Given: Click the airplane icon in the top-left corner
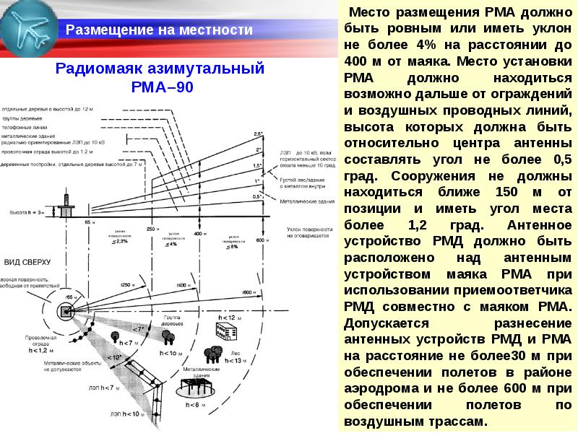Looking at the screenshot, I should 29,29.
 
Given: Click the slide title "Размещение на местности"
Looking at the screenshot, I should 159,30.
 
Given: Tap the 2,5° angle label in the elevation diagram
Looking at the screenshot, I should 258,134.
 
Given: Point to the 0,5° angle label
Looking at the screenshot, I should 257,196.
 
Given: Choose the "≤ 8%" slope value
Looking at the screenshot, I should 233,246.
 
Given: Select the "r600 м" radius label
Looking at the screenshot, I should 251,292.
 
